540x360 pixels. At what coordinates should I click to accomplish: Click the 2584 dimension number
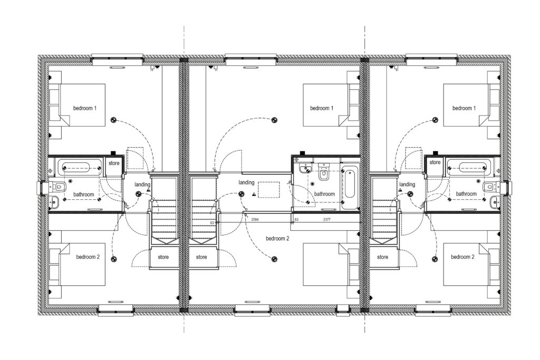click(255, 219)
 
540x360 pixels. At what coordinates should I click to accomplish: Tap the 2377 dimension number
click(326, 219)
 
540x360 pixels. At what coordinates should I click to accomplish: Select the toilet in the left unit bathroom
click(57, 188)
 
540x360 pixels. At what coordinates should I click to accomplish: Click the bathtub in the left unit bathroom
click(80, 168)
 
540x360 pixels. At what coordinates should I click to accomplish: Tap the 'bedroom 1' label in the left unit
click(85, 108)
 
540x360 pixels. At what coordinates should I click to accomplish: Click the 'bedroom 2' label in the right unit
click(462, 257)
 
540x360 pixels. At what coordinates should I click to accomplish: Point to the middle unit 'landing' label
click(247, 182)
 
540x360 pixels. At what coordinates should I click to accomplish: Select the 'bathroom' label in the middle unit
click(324, 194)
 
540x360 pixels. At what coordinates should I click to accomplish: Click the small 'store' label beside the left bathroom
click(114, 163)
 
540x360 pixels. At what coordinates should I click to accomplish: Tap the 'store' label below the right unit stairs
click(383, 257)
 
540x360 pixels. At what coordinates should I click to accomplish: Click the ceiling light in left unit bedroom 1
click(114, 120)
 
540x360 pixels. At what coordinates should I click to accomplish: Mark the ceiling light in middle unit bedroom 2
click(274, 259)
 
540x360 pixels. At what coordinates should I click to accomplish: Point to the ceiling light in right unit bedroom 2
click(435, 259)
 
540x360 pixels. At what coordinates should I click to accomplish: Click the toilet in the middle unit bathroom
click(323, 171)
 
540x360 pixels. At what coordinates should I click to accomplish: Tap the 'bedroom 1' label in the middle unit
click(322, 108)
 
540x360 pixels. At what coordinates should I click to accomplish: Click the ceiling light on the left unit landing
click(139, 194)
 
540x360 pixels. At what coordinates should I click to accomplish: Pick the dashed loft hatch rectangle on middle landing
click(269, 190)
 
